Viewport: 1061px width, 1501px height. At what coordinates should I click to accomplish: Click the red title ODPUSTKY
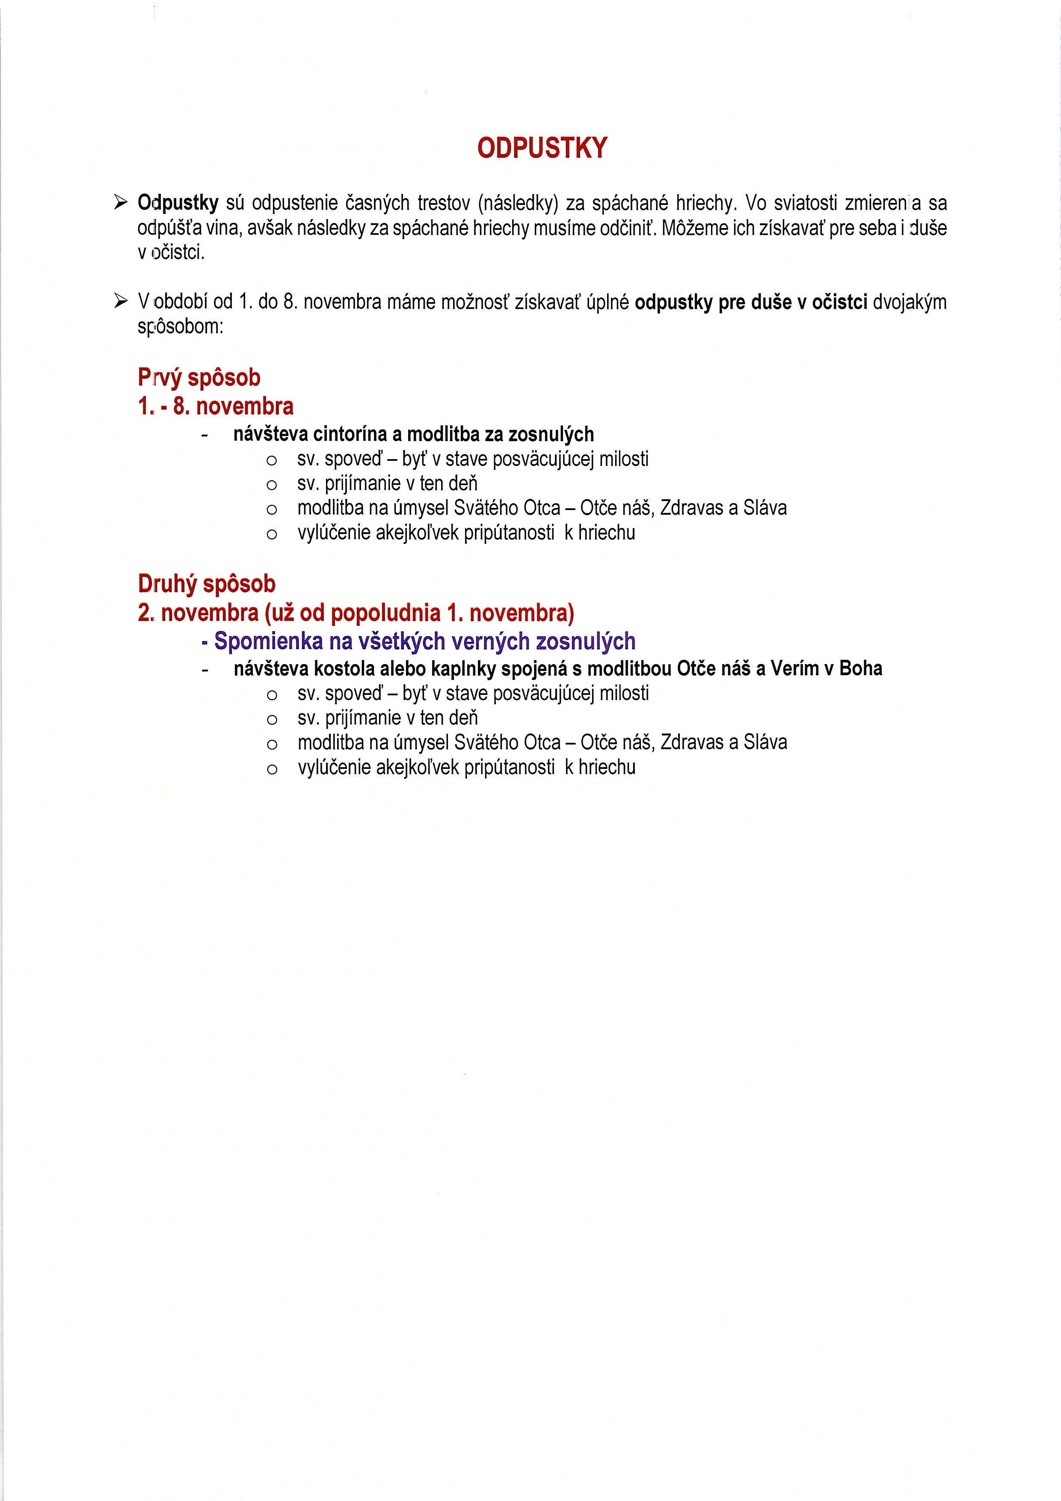tap(542, 148)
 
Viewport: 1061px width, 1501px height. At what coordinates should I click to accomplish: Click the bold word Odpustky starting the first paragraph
tap(178, 203)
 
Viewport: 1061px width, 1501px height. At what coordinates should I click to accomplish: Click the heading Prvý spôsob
tap(199, 378)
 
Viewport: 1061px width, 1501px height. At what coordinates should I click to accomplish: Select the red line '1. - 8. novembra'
tap(216, 406)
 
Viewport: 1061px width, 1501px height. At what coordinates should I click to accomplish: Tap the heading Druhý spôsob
tap(207, 584)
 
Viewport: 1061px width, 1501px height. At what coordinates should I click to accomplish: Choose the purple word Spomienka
tap(268, 641)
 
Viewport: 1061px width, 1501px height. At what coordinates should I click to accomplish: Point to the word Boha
tap(860, 669)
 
